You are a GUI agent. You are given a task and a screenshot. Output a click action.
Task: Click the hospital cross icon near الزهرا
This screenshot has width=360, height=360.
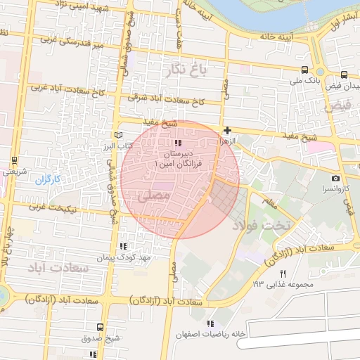click(x=227, y=130)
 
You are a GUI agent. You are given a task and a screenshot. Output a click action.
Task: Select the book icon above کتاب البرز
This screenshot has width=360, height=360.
click(x=118, y=136)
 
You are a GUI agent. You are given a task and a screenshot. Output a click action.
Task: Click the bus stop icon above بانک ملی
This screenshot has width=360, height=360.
click(x=304, y=70)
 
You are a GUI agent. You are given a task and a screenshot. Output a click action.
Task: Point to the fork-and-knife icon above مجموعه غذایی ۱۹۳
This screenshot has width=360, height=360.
click(x=283, y=273)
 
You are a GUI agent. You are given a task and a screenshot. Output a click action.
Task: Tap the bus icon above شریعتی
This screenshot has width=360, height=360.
click(x=15, y=160)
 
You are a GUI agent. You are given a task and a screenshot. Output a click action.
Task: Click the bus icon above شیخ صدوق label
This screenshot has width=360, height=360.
click(x=100, y=327)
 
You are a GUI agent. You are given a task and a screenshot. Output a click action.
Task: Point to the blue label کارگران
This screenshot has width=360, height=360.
click(x=50, y=180)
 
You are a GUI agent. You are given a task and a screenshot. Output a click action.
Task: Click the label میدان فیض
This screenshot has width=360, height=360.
click(x=345, y=84)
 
